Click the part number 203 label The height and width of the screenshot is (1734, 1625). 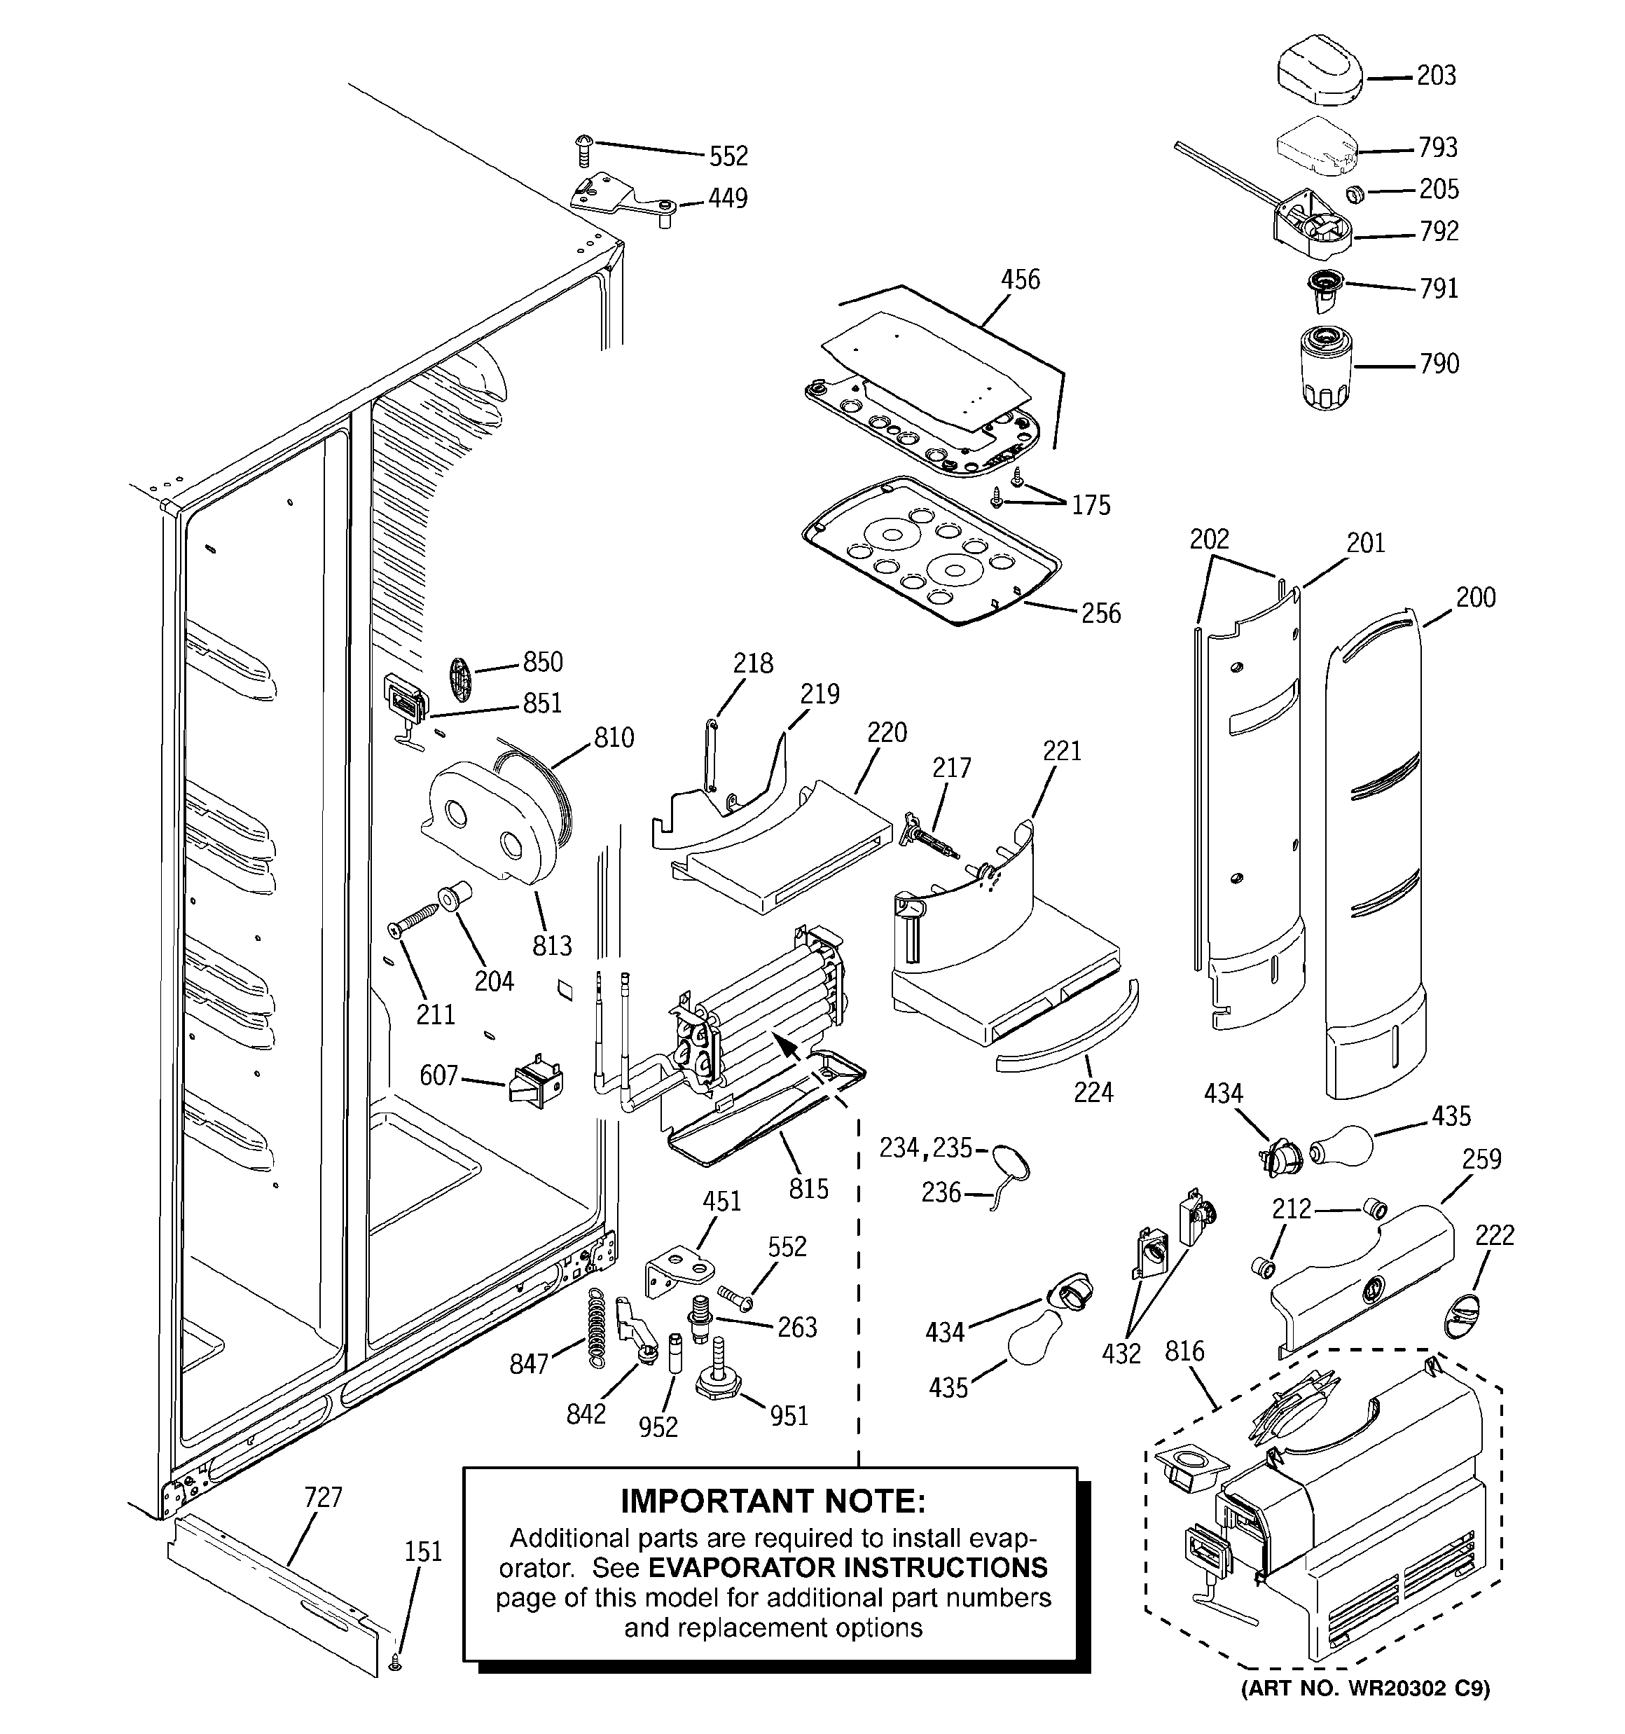tap(1436, 76)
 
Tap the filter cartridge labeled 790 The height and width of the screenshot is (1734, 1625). tap(1326, 366)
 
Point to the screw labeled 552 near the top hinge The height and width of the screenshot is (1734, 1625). tap(584, 149)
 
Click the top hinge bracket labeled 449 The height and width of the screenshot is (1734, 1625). tap(623, 202)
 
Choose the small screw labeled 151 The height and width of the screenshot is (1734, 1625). tap(395, 1665)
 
